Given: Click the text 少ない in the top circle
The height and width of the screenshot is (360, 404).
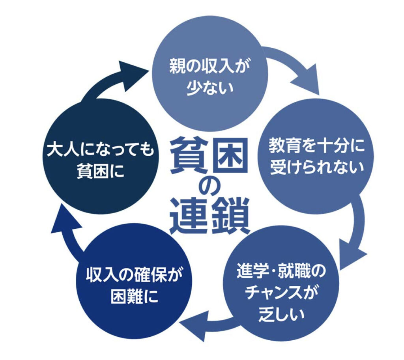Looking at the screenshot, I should click(x=210, y=86).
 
